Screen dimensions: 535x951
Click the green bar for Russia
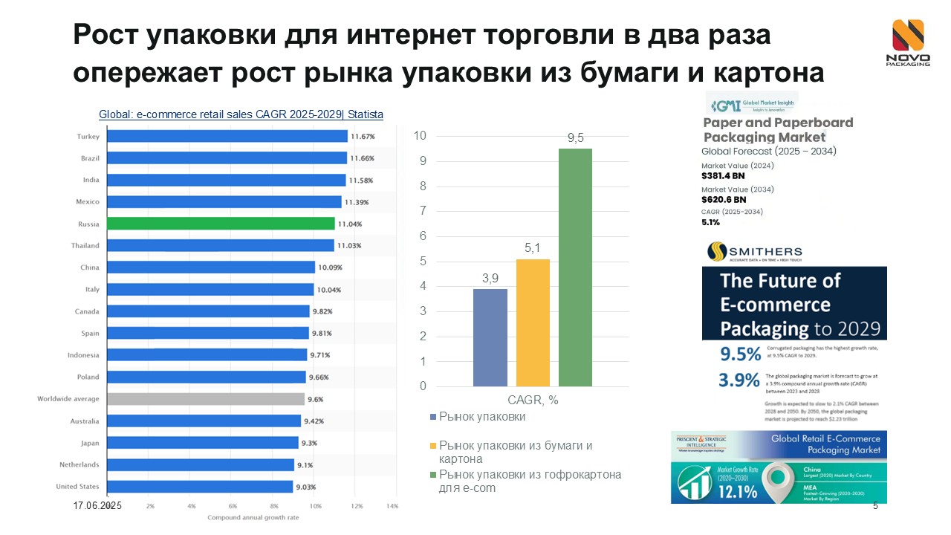click(221, 223)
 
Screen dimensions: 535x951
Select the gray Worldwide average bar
click(206, 399)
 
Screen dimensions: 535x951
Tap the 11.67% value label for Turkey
click(363, 136)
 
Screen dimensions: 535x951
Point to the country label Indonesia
click(83, 355)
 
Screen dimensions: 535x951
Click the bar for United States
click(200, 487)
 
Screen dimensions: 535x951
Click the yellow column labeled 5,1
click(533, 322)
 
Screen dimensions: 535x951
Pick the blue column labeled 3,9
click(490, 337)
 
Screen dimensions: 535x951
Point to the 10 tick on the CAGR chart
click(420, 136)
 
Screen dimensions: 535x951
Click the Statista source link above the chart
click(241, 114)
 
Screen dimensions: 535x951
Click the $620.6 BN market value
click(724, 200)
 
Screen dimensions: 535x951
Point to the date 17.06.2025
click(97, 505)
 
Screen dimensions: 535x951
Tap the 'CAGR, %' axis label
click(533, 400)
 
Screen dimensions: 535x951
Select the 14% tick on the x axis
click(392, 506)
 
